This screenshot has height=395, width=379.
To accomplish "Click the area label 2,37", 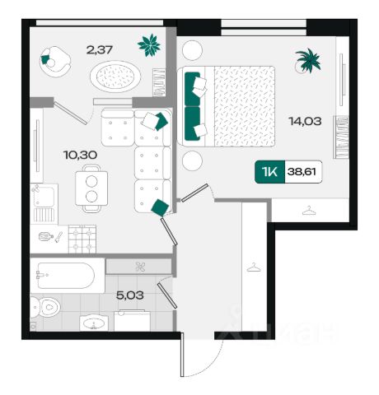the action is click(100, 50).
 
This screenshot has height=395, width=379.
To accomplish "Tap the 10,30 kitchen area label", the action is click(80, 156).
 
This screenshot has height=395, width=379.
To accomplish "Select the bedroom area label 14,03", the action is click(305, 121).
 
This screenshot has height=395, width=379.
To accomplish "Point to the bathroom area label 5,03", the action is click(130, 295).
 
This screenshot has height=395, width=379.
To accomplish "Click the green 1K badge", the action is click(270, 172).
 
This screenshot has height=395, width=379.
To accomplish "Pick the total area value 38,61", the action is click(302, 172).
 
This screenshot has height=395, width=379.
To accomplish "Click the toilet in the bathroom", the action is click(45, 308).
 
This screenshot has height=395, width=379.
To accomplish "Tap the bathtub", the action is click(68, 276).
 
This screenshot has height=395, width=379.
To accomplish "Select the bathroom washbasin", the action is click(94, 323).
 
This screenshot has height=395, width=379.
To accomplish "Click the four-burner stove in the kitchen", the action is click(82, 239).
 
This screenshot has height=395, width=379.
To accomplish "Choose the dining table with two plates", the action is click(91, 188).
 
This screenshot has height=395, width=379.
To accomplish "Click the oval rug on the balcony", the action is click(115, 77).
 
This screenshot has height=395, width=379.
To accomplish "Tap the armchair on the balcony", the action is click(55, 62).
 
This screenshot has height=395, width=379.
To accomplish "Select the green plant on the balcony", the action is click(149, 45).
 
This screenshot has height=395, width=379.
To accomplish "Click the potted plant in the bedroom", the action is click(308, 62).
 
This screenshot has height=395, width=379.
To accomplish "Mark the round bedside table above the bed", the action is click(192, 50).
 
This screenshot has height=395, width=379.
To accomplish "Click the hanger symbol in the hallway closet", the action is click(254, 267).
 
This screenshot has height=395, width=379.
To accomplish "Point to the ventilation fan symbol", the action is click(140, 267).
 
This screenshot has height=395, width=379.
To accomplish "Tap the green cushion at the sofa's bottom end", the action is click(160, 207).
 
